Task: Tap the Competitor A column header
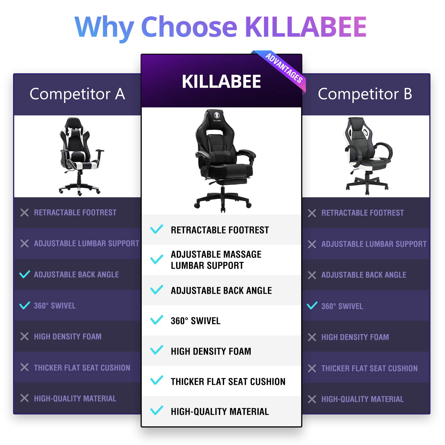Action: pyautogui.click(x=77, y=94)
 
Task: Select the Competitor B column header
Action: pyautogui.click(x=365, y=94)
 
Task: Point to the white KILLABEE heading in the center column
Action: pyautogui.click(x=221, y=82)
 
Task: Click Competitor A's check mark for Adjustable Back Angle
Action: pyautogui.click(x=25, y=274)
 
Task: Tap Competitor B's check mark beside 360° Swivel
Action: pyautogui.click(x=312, y=306)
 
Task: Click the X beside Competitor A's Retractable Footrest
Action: pyautogui.click(x=24, y=212)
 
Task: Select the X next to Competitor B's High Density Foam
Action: pyautogui.click(x=312, y=337)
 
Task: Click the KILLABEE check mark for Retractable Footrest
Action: pyautogui.click(x=157, y=229)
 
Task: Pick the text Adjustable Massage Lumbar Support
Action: pyautogui.click(x=216, y=260)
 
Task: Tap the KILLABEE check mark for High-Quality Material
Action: pyautogui.click(x=157, y=411)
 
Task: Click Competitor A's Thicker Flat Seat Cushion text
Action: pyautogui.click(x=82, y=368)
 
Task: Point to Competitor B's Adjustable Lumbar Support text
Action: pyautogui.click(x=374, y=244)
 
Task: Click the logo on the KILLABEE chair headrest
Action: pyautogui.click(x=217, y=116)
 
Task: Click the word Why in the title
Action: pyautogui.click(x=104, y=27)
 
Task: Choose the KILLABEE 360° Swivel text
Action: pyautogui.click(x=196, y=321)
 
